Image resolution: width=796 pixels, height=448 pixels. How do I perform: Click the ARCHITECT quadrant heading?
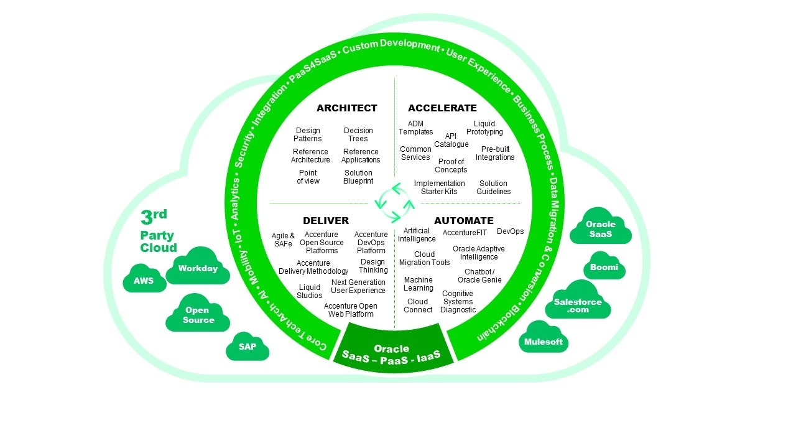point(346,108)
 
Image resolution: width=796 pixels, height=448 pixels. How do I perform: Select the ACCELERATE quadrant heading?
point(442,108)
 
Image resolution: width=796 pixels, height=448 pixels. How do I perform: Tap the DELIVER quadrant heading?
point(326,220)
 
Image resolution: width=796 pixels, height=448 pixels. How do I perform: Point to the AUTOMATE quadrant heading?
point(464,220)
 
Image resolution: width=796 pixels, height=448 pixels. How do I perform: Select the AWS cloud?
point(144,281)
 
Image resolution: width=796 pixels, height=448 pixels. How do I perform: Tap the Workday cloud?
point(198,268)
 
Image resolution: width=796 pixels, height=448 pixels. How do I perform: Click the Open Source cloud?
point(198,315)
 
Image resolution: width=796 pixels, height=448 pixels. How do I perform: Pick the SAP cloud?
point(247,347)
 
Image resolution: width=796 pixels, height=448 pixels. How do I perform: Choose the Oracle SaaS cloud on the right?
point(600,228)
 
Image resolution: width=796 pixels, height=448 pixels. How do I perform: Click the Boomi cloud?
point(604,268)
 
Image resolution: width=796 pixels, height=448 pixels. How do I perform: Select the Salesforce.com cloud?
point(578,306)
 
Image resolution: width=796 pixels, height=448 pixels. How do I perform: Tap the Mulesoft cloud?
point(544,342)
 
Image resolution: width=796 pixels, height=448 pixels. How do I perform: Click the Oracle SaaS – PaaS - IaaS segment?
point(392,352)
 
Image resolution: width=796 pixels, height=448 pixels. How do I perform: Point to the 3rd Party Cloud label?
point(158,232)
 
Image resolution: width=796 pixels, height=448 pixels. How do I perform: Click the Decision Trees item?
point(358,134)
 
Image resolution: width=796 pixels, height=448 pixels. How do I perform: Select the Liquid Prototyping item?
point(484,128)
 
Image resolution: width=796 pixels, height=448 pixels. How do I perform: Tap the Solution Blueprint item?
point(358,177)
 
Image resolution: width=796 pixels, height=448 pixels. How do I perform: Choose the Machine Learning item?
point(418,284)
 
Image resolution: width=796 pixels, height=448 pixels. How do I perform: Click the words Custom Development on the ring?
point(391,47)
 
